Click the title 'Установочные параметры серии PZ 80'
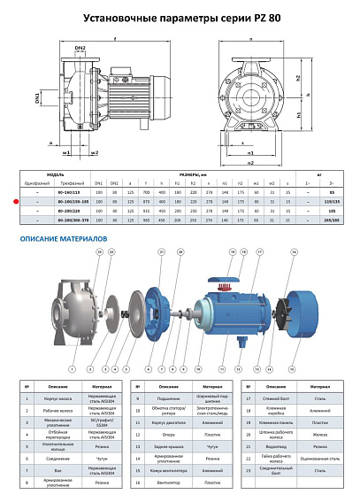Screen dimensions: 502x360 (180, 16)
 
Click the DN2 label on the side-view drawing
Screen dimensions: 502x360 (80, 47)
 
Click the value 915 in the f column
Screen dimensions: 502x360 (147, 212)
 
